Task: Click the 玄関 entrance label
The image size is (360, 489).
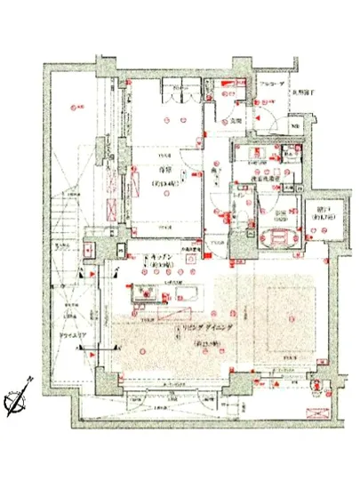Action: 239,120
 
